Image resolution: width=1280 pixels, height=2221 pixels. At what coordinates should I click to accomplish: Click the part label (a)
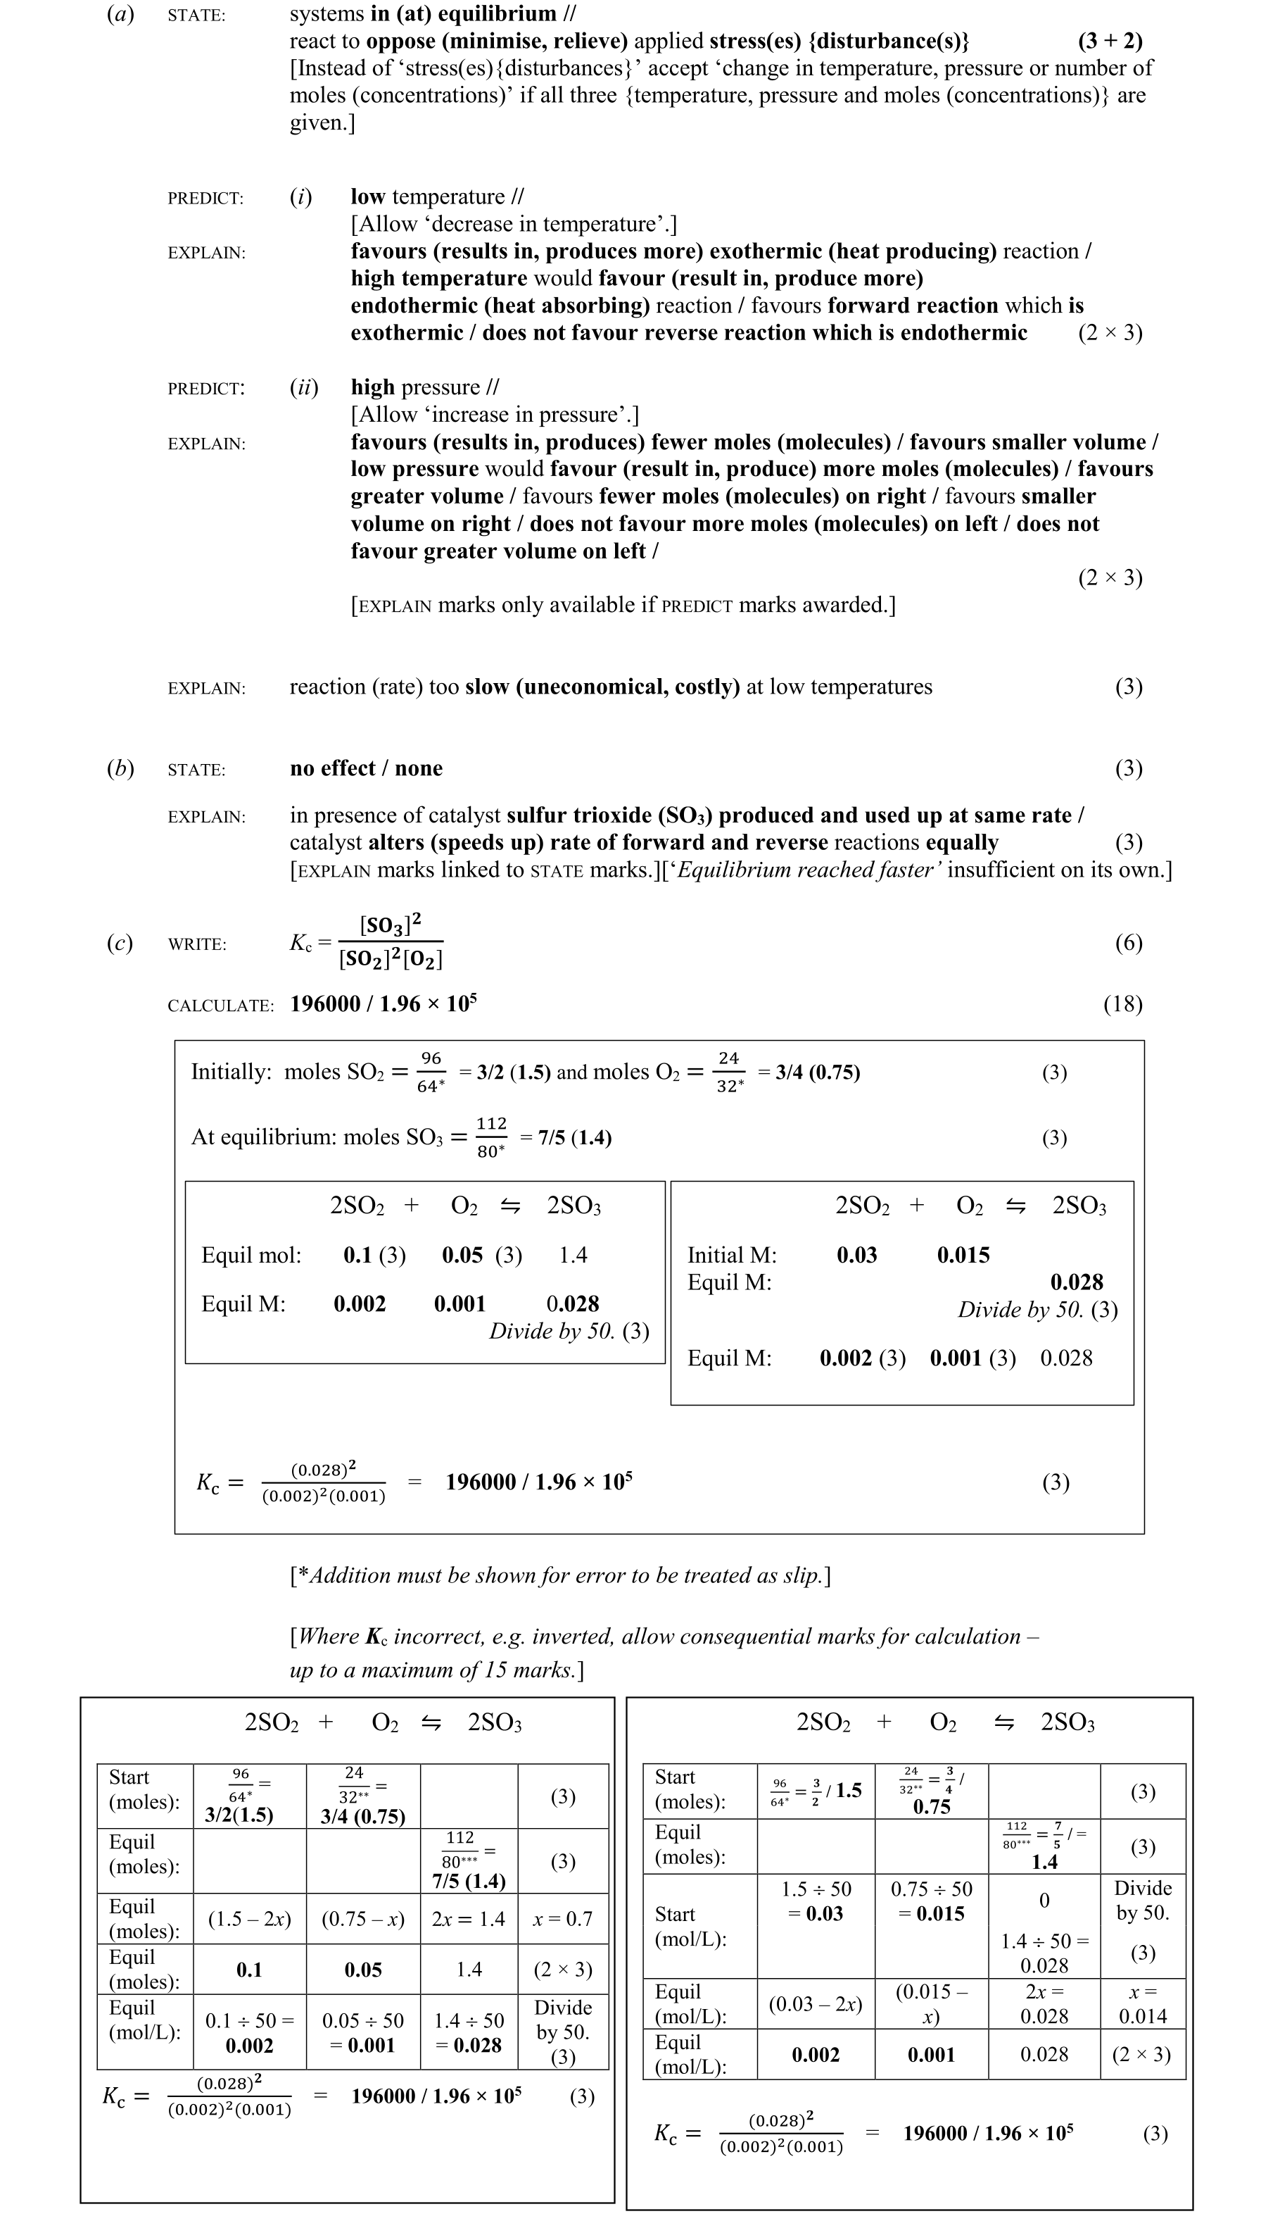[x=120, y=15]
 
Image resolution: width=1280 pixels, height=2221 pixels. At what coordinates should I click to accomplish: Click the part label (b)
[x=120, y=769]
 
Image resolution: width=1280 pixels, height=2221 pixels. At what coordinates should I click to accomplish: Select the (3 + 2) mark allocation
[x=1110, y=42]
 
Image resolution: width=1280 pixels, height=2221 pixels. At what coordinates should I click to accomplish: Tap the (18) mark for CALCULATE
[x=1122, y=1004]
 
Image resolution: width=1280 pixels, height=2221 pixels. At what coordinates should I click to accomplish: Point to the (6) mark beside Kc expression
[x=1128, y=944]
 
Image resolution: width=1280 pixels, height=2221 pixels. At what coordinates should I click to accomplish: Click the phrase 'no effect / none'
[x=366, y=769]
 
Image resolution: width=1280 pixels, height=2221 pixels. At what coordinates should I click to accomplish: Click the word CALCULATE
[x=221, y=1006]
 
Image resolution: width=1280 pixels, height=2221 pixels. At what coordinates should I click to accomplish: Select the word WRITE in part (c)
[x=197, y=945]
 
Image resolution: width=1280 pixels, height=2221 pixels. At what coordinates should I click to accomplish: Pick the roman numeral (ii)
[x=304, y=388]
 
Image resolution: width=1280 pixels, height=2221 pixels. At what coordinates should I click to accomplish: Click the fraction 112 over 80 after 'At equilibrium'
[x=491, y=1137]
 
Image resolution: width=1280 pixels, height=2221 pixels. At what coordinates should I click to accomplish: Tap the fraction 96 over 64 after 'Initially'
[x=431, y=1072]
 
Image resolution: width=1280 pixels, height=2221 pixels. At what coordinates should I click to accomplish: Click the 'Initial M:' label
[x=731, y=1255]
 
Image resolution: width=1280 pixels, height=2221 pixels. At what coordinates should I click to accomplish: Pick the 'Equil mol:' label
[x=251, y=1255]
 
